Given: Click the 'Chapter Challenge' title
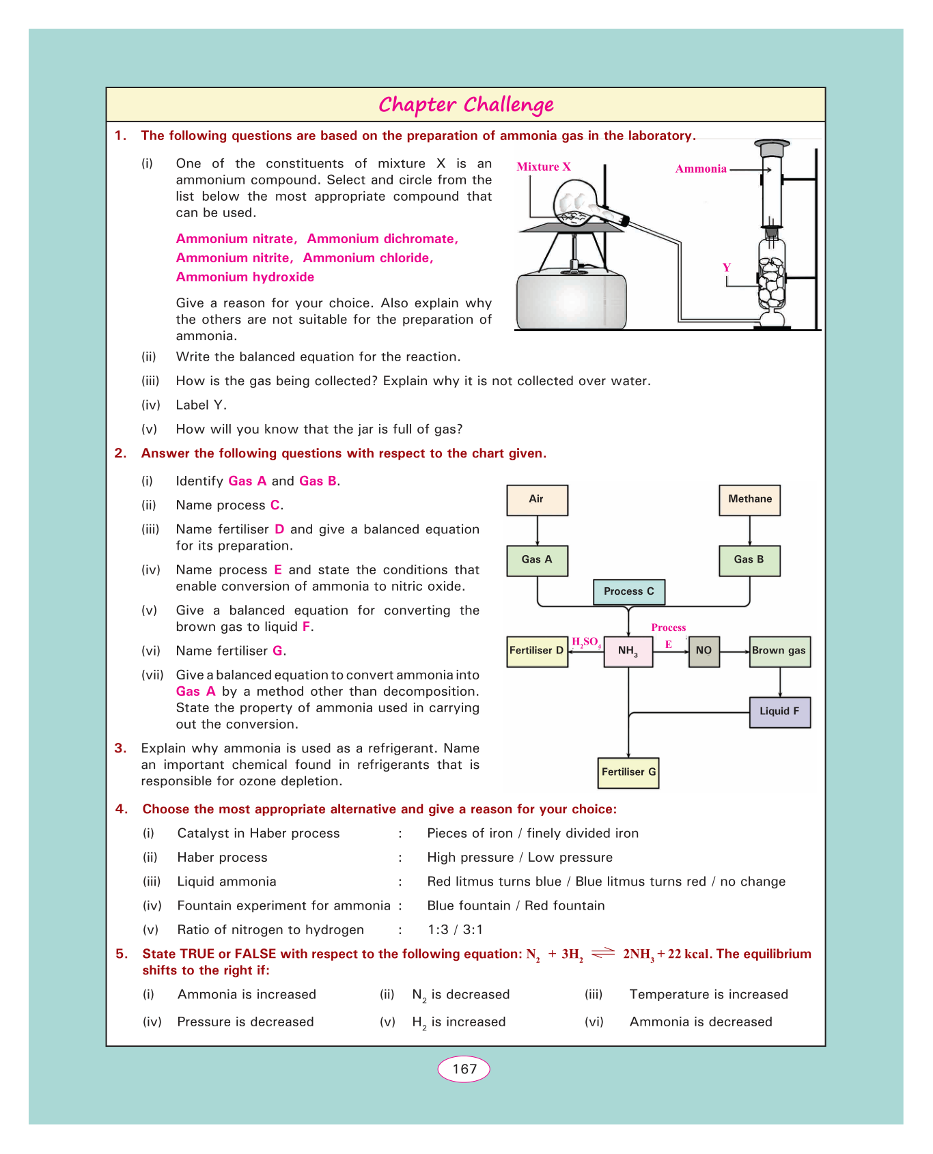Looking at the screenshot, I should [x=466, y=105].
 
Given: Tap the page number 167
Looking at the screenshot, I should [x=464, y=1069].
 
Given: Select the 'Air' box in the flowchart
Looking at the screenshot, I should [x=537, y=500].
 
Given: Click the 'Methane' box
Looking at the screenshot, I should [x=749, y=500].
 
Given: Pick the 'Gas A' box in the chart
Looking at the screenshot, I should [x=537, y=560].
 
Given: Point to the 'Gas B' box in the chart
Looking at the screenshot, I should [x=749, y=560].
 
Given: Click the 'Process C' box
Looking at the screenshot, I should [x=628, y=591].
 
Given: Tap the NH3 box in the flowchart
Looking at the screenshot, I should [x=628, y=651].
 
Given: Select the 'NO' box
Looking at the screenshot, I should [x=704, y=651].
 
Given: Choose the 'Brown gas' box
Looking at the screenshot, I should [x=779, y=651].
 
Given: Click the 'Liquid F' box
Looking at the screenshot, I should [x=779, y=712].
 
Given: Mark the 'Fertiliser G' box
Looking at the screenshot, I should [x=628, y=772].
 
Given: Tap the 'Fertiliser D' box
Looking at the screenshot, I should [x=537, y=651].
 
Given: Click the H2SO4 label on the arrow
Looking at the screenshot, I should [x=586, y=642].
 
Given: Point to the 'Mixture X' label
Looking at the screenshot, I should [x=544, y=167].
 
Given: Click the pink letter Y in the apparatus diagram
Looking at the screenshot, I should [x=727, y=268].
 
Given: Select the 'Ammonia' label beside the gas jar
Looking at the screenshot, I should [x=701, y=169].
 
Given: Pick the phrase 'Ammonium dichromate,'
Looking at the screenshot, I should [x=382, y=239].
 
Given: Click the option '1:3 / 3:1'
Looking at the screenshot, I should [x=455, y=930].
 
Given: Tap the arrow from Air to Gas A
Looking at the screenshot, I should [x=538, y=531].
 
